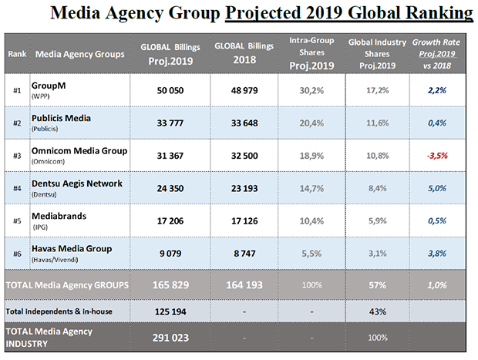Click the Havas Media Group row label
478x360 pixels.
point(72,248)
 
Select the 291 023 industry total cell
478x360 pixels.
point(170,337)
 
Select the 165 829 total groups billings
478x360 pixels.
point(170,284)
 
